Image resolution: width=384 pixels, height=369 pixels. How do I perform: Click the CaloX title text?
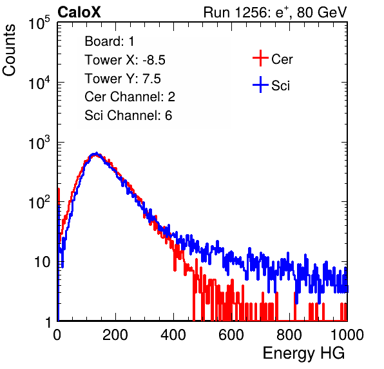click(79, 12)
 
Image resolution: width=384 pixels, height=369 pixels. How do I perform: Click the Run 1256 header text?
click(275, 12)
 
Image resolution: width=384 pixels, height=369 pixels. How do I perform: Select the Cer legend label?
click(282, 59)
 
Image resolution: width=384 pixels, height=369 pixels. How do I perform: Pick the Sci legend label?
click(280, 86)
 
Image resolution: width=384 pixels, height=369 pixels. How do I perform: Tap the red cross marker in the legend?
click(260, 58)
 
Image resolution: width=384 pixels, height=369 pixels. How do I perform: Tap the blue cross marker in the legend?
click(260, 85)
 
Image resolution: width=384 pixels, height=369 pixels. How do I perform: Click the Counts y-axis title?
click(9, 50)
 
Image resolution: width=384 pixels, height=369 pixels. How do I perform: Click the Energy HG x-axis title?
click(303, 354)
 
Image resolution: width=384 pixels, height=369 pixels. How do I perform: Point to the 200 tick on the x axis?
click(115, 335)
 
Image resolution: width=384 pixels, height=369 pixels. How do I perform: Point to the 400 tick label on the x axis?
click(173, 335)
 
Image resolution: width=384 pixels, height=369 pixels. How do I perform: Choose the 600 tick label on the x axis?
click(231, 335)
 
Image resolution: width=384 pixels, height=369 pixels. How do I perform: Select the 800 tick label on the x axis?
click(289, 335)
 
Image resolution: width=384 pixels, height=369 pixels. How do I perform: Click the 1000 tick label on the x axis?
click(347, 335)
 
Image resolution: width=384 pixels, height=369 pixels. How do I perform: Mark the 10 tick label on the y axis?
click(42, 262)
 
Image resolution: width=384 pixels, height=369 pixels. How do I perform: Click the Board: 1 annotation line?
click(110, 41)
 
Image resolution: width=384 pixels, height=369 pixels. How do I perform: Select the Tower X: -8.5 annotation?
click(125, 60)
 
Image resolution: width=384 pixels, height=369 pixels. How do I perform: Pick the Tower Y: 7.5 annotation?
click(122, 79)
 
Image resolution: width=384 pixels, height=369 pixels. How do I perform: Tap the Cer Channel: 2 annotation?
click(130, 97)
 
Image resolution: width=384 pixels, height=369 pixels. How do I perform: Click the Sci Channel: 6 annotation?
click(128, 115)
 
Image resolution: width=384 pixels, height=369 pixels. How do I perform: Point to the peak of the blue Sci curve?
click(97, 154)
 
